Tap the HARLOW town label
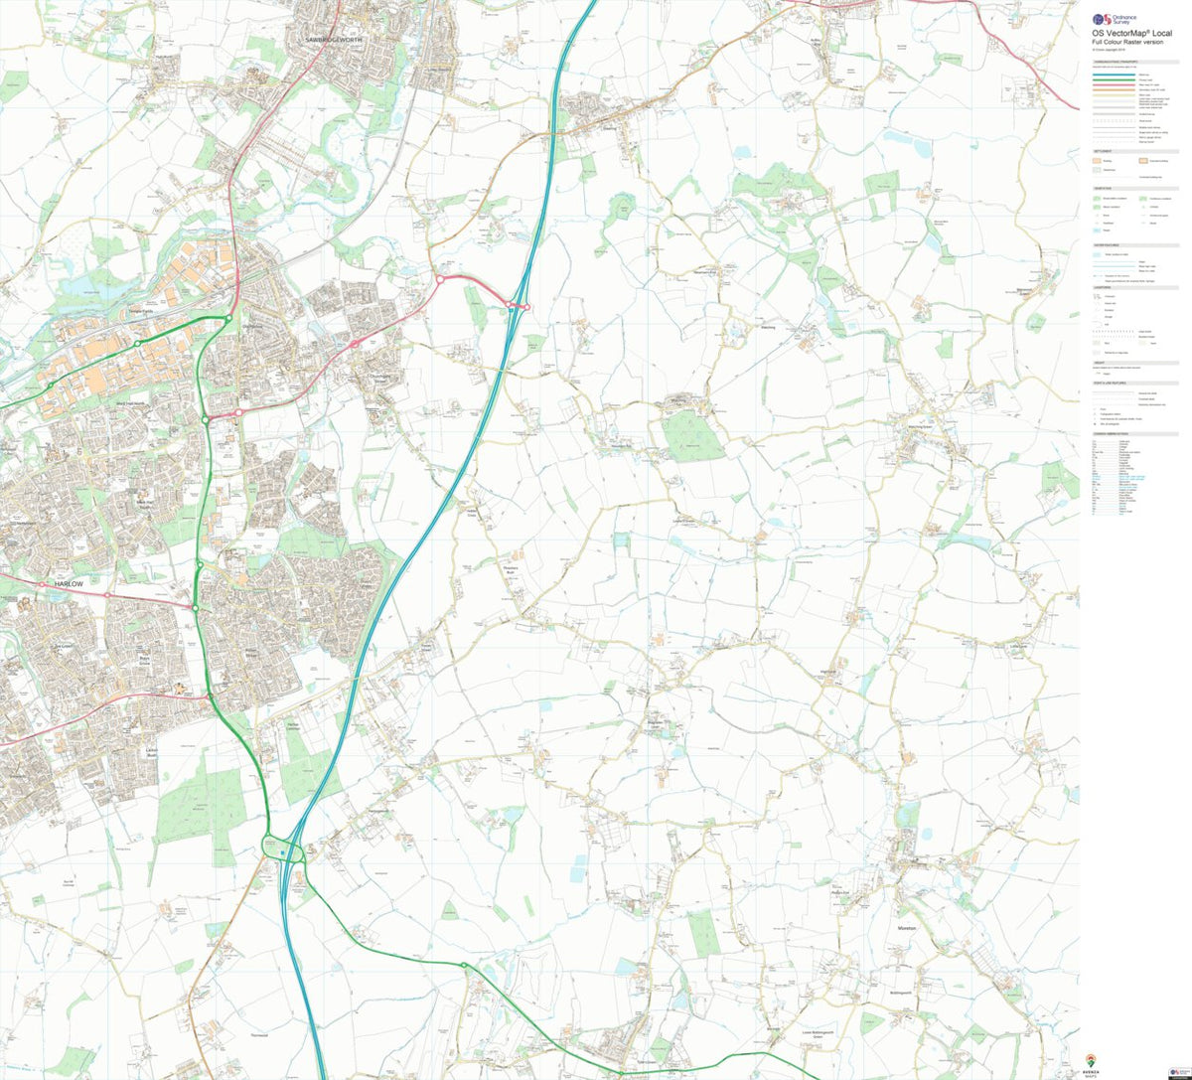coord(62,585)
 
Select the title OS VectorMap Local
coord(1132,33)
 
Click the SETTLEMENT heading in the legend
coord(1102,152)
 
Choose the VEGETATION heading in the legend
coord(1102,189)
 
